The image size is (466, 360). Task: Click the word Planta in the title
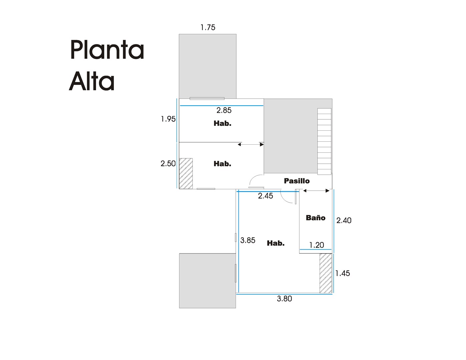tap(107, 50)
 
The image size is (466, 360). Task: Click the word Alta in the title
tap(92, 81)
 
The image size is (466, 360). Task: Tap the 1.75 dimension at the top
tap(208, 28)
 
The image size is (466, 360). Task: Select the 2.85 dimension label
tap(224, 110)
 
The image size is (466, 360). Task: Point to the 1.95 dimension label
tap(168, 119)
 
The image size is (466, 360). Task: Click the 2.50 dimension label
tap(168, 164)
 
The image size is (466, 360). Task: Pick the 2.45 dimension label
tap(266, 196)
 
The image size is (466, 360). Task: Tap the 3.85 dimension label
tap(248, 240)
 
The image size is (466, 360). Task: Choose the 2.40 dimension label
tap(344, 220)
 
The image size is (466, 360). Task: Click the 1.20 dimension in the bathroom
tap(317, 245)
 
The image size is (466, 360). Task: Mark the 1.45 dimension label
tap(343, 273)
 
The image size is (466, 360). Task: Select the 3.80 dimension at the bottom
tap(285, 299)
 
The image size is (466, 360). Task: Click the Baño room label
tap(316, 218)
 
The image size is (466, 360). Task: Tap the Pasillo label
tap(297, 181)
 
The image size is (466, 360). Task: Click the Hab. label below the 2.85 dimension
tap(222, 124)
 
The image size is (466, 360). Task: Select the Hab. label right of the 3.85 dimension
tap(276, 243)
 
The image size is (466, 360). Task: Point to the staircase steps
tap(324, 141)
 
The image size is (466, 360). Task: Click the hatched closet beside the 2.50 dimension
tap(186, 174)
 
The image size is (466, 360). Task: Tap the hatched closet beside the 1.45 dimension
tap(326, 273)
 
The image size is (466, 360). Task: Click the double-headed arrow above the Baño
tap(316, 191)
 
